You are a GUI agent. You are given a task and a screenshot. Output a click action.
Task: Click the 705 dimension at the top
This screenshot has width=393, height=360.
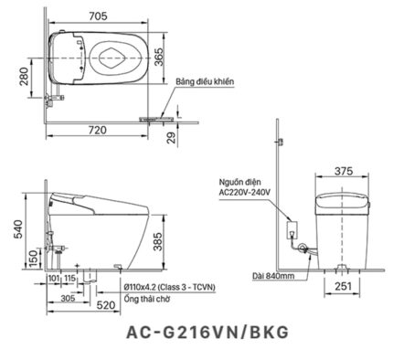click(x=98, y=16)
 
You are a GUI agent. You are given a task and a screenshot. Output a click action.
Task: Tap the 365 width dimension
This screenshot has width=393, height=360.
click(x=159, y=57)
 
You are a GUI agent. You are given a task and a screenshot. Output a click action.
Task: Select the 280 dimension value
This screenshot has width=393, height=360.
click(x=24, y=76)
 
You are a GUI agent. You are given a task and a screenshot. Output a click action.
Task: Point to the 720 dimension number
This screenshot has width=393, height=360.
click(x=98, y=130)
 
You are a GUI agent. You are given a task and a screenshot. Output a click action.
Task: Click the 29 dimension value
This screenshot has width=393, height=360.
click(x=172, y=138)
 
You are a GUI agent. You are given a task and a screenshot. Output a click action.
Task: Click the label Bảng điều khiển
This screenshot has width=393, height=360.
click(x=205, y=82)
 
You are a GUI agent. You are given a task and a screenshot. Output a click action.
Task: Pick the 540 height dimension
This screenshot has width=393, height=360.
click(x=17, y=229)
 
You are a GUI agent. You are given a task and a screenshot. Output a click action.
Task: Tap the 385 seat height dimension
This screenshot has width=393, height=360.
click(x=157, y=242)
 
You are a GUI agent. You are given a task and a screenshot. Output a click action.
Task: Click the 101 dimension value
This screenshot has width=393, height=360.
click(x=54, y=278)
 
